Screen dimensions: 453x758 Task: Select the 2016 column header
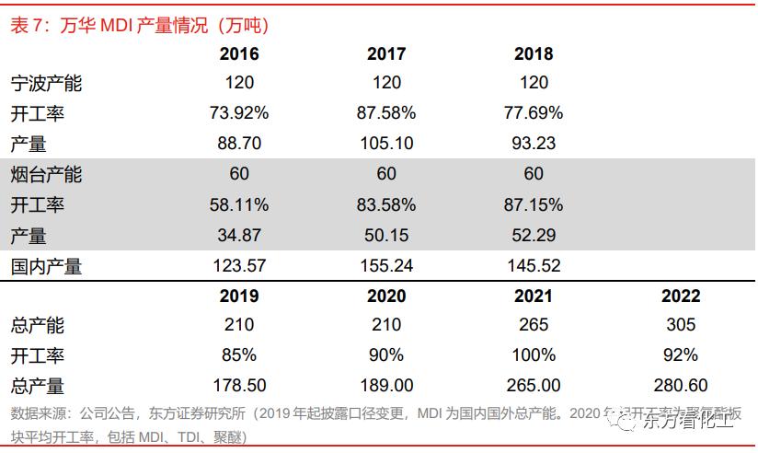[x=239, y=53]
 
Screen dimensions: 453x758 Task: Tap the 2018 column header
[x=534, y=53]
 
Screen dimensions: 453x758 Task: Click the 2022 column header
[x=681, y=296]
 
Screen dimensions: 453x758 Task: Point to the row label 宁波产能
[x=46, y=84]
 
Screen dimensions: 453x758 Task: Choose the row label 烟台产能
[x=46, y=174]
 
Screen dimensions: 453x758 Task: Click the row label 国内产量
[x=46, y=266]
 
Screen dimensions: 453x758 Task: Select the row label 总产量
[x=38, y=386]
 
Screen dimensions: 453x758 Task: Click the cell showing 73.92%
[x=239, y=113]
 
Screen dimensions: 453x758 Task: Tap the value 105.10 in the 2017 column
[x=386, y=144]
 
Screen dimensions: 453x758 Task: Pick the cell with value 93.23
[x=534, y=144]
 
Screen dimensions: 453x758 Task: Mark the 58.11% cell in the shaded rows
[x=239, y=204]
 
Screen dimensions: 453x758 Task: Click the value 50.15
[x=386, y=235]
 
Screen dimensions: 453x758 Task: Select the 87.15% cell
[x=534, y=204]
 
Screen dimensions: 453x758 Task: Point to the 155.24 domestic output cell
[x=386, y=266]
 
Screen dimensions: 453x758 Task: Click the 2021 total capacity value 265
[x=534, y=325]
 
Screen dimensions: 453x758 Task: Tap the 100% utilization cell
[x=534, y=355]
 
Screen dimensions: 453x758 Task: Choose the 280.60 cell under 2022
[x=681, y=386]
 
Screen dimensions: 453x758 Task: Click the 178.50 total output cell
[x=239, y=386]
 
